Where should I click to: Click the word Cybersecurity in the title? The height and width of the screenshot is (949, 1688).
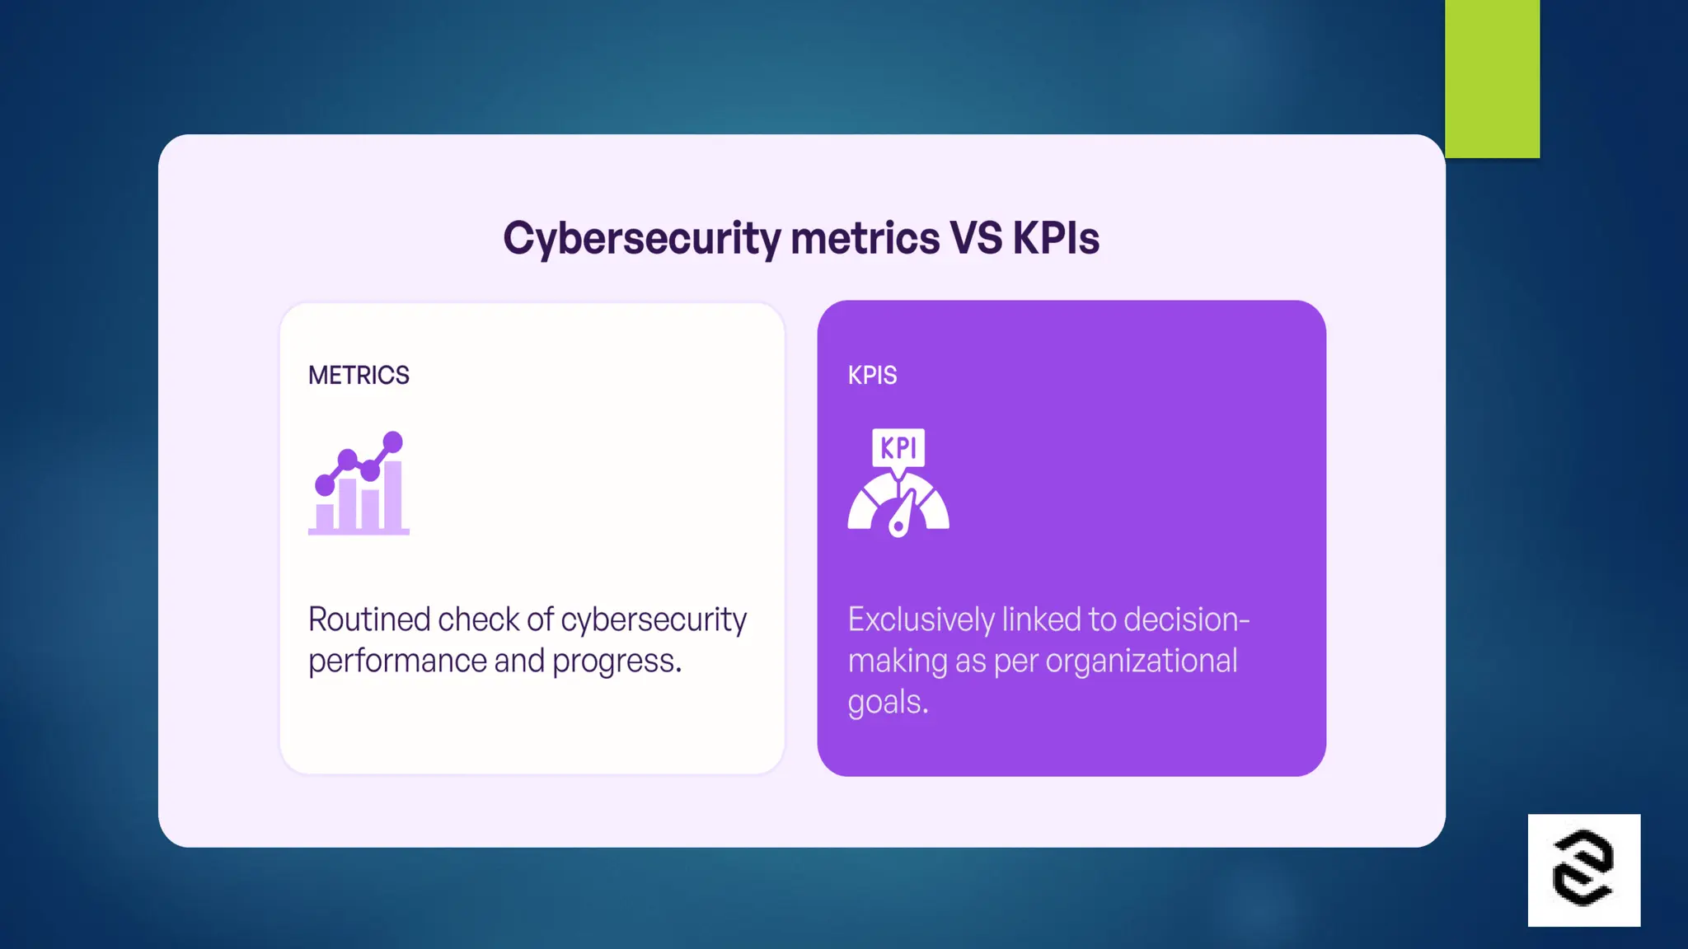pos(641,239)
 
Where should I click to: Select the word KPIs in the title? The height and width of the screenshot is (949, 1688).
pos(1056,239)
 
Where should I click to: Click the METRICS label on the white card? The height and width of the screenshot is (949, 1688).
pos(359,376)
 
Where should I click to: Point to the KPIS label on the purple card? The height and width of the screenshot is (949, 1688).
pos(872,376)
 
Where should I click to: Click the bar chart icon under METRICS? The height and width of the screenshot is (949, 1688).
pos(359,486)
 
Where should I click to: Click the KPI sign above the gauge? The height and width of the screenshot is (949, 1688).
pos(898,447)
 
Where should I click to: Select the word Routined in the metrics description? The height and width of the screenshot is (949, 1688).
pos(368,619)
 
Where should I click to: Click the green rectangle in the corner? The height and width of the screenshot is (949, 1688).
pos(1492,78)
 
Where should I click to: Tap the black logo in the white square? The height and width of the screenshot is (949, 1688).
pos(1583,870)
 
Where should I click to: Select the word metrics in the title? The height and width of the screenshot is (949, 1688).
pos(865,239)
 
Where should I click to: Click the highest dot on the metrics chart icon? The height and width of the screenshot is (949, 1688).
pos(393,442)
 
